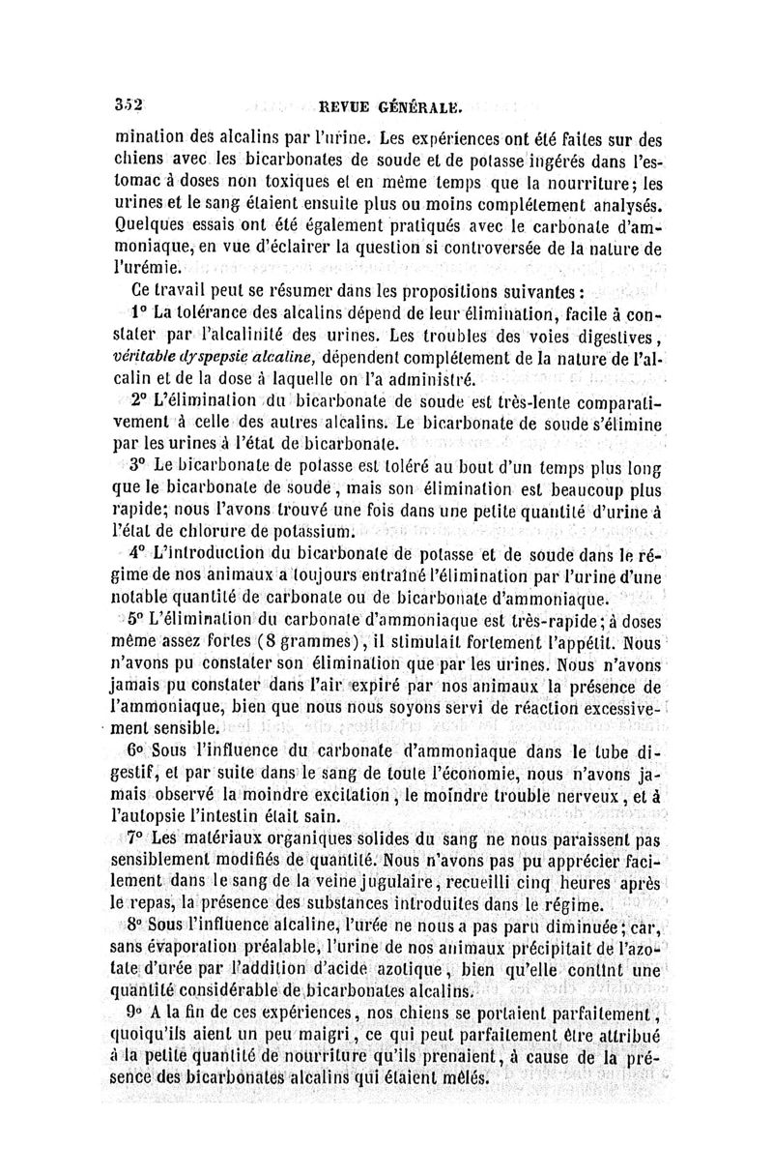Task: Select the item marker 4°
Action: [x=137, y=554]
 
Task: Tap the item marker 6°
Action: [x=134, y=750]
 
